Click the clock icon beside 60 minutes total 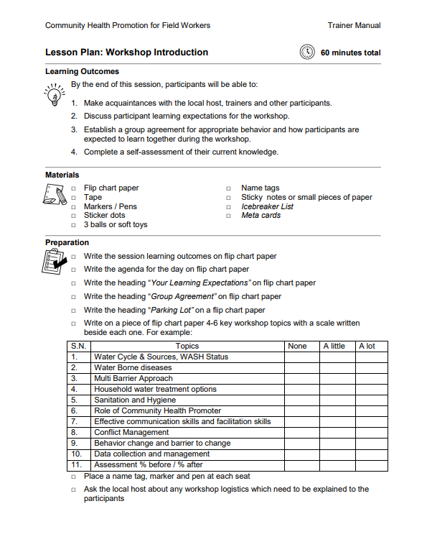tap(307, 52)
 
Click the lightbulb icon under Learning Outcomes tap(54, 96)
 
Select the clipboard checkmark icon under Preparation tap(55, 264)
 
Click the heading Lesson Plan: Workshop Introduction tap(126, 52)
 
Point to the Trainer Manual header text tap(354, 25)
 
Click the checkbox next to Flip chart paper tap(73, 188)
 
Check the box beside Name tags tap(229, 188)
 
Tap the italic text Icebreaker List tap(267, 206)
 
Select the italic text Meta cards tap(261, 216)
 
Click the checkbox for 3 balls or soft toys tap(73, 225)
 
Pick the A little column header tap(334, 346)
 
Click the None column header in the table tap(297, 346)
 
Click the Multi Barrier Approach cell tap(133, 379)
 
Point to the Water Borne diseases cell tap(133, 368)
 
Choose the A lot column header tap(367, 346)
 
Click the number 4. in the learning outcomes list tap(74, 152)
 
